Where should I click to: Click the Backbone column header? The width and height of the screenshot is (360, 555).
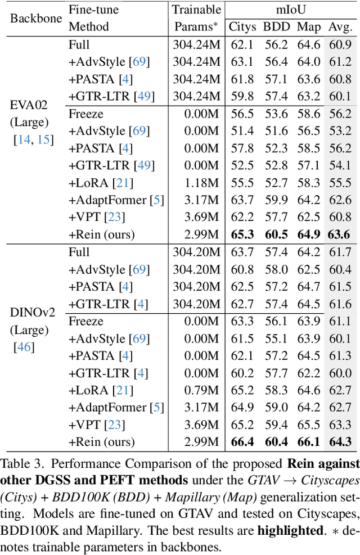point(36,17)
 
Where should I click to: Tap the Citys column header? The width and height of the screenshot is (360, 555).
point(242,26)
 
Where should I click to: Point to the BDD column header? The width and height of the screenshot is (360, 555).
point(276,26)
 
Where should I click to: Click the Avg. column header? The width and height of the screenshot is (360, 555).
point(340,26)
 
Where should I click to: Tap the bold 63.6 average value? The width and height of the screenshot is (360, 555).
point(340,234)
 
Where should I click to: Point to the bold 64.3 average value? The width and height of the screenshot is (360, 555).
point(340,443)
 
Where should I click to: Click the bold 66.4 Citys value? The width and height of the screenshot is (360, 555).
point(242,443)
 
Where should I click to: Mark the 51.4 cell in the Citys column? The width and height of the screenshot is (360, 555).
point(242,131)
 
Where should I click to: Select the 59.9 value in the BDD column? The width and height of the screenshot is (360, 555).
point(276,200)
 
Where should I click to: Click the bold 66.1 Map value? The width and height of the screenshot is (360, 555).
point(309,443)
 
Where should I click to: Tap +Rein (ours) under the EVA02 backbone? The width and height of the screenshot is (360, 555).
point(101,234)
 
